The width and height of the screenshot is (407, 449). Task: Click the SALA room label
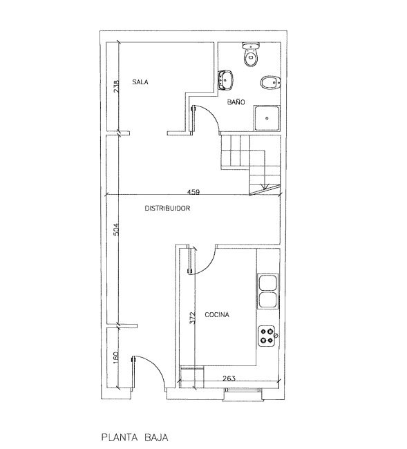point(140,82)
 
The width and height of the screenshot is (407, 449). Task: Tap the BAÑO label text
point(236,102)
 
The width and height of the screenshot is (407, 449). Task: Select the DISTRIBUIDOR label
point(167,208)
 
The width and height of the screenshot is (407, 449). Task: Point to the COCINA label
point(217,315)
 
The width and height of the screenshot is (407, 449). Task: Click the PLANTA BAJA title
point(135,437)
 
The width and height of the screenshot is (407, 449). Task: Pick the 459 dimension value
point(193,192)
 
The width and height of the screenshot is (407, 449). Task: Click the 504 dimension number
point(115,229)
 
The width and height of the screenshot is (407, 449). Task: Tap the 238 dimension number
point(116,86)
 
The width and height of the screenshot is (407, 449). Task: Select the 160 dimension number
point(115,358)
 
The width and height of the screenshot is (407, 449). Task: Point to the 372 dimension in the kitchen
point(193,318)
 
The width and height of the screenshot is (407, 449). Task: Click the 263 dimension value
point(229,379)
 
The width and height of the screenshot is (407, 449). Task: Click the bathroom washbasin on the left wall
point(226,80)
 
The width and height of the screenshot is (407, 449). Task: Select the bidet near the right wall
point(270,83)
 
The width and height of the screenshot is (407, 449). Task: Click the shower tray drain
point(267,118)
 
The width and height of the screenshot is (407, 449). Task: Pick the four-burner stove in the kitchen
point(266,336)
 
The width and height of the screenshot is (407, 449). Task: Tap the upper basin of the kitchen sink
point(268,283)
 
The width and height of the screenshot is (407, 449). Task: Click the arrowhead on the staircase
point(265,187)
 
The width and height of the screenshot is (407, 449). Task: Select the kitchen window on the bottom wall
point(243,390)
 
